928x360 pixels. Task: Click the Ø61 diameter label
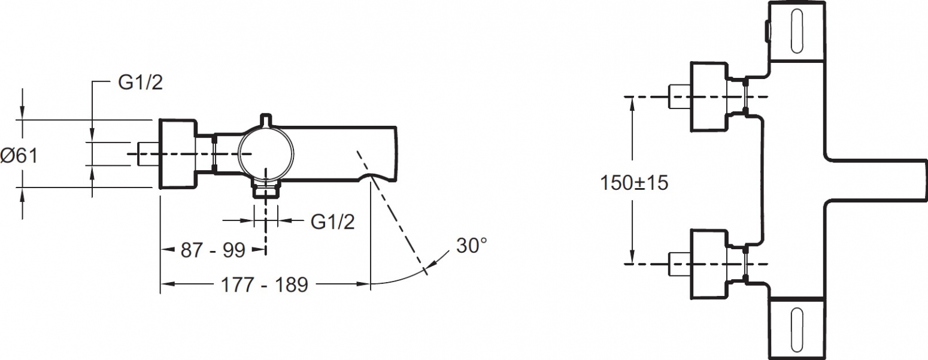tap(20, 156)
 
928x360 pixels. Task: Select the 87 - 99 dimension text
tap(213, 250)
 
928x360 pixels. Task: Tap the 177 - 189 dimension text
tap(265, 285)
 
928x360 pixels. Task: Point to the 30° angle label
tap(471, 246)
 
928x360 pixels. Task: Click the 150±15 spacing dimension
tap(634, 183)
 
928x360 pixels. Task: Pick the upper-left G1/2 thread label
tap(141, 83)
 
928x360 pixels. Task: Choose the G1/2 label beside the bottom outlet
tap(333, 222)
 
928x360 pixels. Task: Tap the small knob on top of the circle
tap(266, 119)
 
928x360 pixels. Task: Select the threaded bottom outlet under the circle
tap(266, 190)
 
